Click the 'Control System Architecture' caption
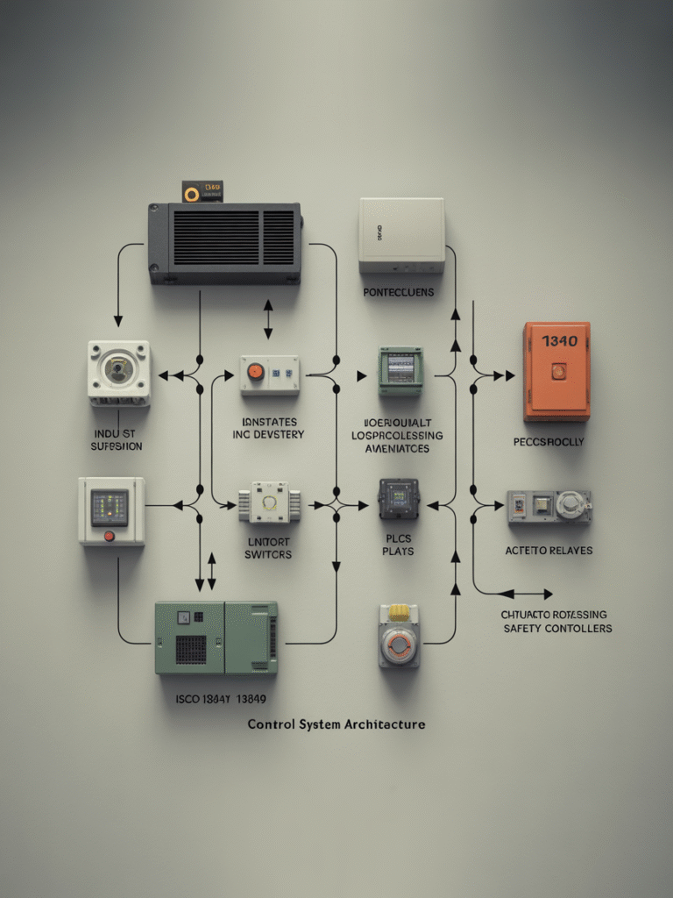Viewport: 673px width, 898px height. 336,724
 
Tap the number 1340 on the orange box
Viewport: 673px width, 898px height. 559,341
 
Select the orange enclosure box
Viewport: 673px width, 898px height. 556,371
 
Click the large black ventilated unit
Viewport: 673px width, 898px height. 225,243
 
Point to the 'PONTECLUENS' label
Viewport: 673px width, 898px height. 399,292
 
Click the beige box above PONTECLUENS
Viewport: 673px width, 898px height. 401,234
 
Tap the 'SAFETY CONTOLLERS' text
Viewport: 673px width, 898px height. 557,628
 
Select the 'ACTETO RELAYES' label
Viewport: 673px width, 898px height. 549,550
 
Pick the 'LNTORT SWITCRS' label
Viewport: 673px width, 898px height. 269,548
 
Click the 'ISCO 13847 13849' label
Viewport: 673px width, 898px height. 220,700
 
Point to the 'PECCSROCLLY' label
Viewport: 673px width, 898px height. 549,442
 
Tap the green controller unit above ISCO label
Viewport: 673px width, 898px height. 216,637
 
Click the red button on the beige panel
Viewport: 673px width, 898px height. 109,536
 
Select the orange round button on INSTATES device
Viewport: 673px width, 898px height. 255,372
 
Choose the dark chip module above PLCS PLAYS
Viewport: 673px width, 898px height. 399,498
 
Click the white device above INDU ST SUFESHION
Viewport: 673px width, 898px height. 118,373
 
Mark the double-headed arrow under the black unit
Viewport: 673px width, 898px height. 268,319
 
